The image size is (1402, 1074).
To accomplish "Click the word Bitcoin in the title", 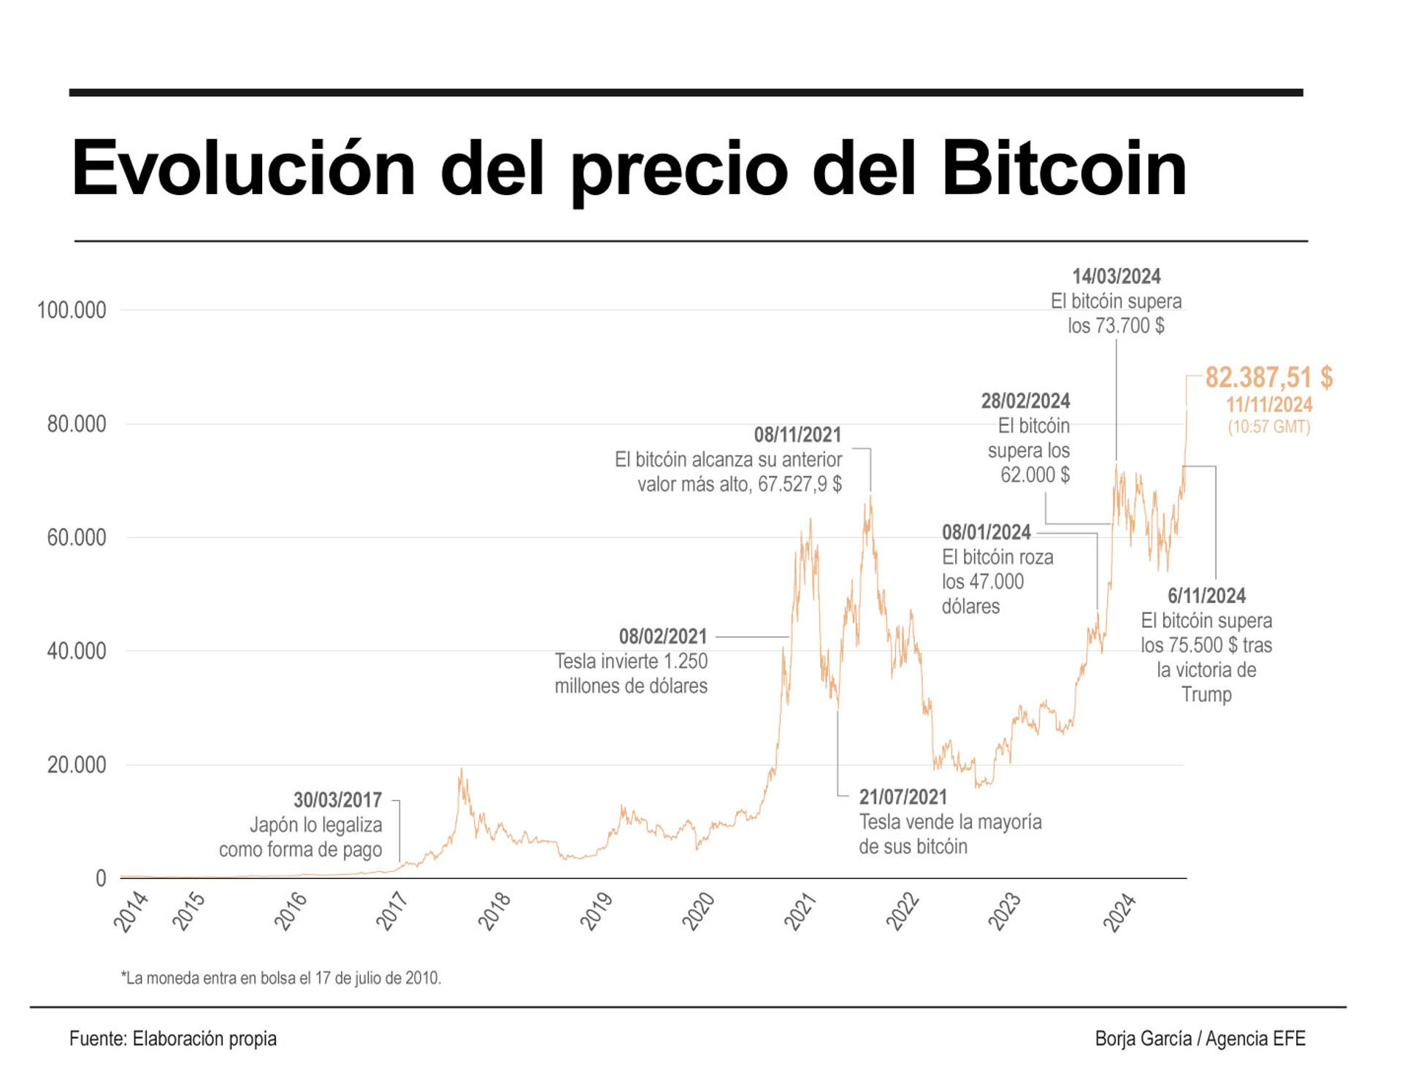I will pyautogui.click(x=1064, y=169).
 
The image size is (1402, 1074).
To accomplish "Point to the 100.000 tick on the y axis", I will pyautogui.click(x=72, y=310).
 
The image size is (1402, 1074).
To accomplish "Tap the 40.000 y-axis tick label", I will pyautogui.click(x=77, y=651).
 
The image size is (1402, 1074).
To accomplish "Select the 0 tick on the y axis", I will pyautogui.click(x=101, y=878).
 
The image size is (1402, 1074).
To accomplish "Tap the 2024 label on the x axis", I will pyautogui.click(x=1119, y=912).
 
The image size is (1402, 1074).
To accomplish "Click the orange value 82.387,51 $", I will pyautogui.click(x=1268, y=377).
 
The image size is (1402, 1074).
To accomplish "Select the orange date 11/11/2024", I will pyautogui.click(x=1268, y=404).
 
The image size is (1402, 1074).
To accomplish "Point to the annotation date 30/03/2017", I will pyautogui.click(x=337, y=800).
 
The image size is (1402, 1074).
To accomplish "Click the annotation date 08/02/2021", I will pyautogui.click(x=663, y=637).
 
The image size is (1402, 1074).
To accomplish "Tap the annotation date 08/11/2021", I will pyautogui.click(x=797, y=435).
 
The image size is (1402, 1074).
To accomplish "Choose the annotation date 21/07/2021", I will pyautogui.click(x=903, y=797).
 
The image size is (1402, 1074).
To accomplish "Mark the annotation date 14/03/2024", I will pyautogui.click(x=1116, y=277).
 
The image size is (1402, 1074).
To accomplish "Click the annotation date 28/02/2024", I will pyautogui.click(x=1025, y=401).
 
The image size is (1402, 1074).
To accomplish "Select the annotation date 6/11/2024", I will pyautogui.click(x=1206, y=596).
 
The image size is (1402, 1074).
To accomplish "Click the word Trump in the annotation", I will pyautogui.click(x=1206, y=694).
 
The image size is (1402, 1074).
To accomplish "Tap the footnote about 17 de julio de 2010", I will pyautogui.click(x=281, y=978).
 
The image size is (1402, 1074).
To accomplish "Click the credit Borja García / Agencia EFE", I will pyautogui.click(x=1200, y=1038).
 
